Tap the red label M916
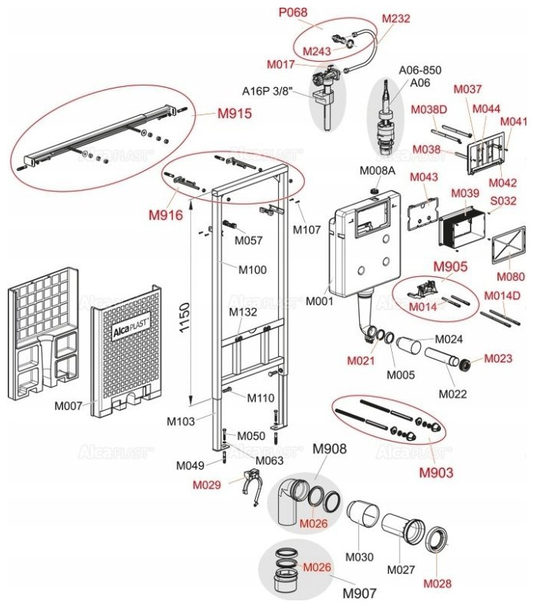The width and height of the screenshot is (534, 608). click(166, 215)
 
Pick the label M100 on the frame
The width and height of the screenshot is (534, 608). click(251, 269)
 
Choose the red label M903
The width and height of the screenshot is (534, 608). click(436, 472)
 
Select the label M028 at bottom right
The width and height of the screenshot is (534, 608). click(439, 584)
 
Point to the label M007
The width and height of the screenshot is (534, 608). click(69, 406)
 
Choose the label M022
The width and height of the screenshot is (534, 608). click(453, 394)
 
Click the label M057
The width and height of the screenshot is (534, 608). click(248, 240)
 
